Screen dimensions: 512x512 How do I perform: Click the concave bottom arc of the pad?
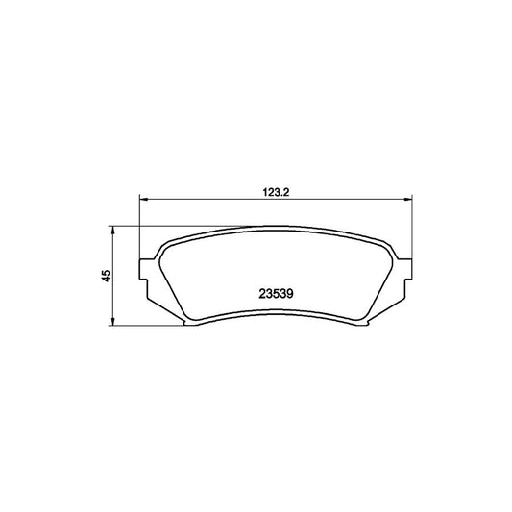(276, 311)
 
